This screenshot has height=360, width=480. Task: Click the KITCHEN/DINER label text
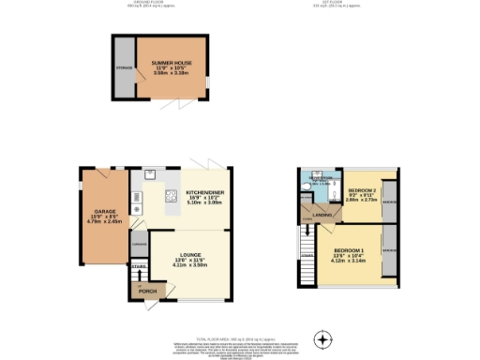pos(202,193)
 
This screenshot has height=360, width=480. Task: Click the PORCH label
pos(146,292)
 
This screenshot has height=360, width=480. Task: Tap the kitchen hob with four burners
pos(172,196)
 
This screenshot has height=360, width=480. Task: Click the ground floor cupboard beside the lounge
pos(140,245)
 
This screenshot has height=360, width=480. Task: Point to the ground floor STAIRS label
pos(139,268)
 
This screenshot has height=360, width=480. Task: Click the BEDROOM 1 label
pos(348,250)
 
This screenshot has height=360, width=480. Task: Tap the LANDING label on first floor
pos(320,213)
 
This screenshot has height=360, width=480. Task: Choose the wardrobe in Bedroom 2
pos(388,198)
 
